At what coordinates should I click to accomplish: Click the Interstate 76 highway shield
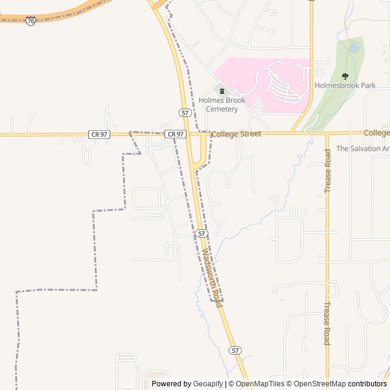[x=31, y=21]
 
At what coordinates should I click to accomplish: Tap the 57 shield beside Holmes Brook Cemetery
[x=185, y=113]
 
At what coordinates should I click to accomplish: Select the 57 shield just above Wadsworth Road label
[x=202, y=233]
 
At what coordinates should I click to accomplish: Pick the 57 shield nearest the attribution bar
[x=235, y=350]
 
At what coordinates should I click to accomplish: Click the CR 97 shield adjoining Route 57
[x=175, y=134]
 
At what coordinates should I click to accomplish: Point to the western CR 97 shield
[x=99, y=134]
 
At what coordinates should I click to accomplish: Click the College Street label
[x=236, y=133]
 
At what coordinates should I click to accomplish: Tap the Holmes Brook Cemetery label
[x=222, y=105]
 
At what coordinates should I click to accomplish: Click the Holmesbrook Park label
[x=345, y=86]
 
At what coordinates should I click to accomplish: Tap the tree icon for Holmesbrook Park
[x=345, y=76]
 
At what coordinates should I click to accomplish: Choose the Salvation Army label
[x=363, y=149]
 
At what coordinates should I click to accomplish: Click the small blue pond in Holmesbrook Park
[x=354, y=47]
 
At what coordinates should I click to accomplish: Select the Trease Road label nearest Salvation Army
[x=328, y=171]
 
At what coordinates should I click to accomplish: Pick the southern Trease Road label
[x=327, y=323]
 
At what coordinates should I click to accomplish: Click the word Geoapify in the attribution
[x=208, y=384]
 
